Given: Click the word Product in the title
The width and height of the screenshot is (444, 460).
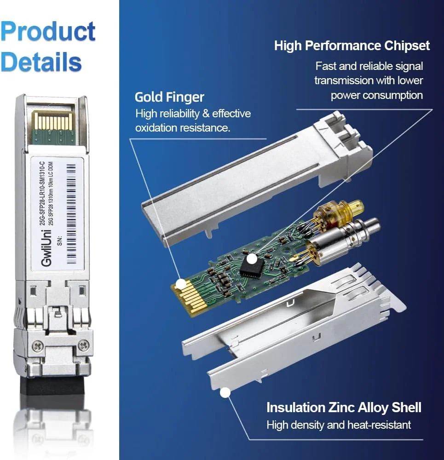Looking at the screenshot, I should (48, 31).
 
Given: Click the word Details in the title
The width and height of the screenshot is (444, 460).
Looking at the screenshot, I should (41, 61).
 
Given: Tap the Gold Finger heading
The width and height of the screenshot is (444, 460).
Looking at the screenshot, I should (169, 97).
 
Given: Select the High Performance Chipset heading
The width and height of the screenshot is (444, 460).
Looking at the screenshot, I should (352, 46).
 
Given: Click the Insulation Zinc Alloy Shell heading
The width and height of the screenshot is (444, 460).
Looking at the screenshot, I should (344, 407).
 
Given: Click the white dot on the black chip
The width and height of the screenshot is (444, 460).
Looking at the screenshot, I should (251, 259).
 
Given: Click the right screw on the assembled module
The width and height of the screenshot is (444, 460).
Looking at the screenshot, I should (83, 344).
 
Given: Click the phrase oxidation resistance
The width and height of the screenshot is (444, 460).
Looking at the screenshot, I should (182, 128).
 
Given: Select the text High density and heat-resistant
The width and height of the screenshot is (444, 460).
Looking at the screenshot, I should (339, 425).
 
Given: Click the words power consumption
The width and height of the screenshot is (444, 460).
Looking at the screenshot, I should (376, 95).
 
